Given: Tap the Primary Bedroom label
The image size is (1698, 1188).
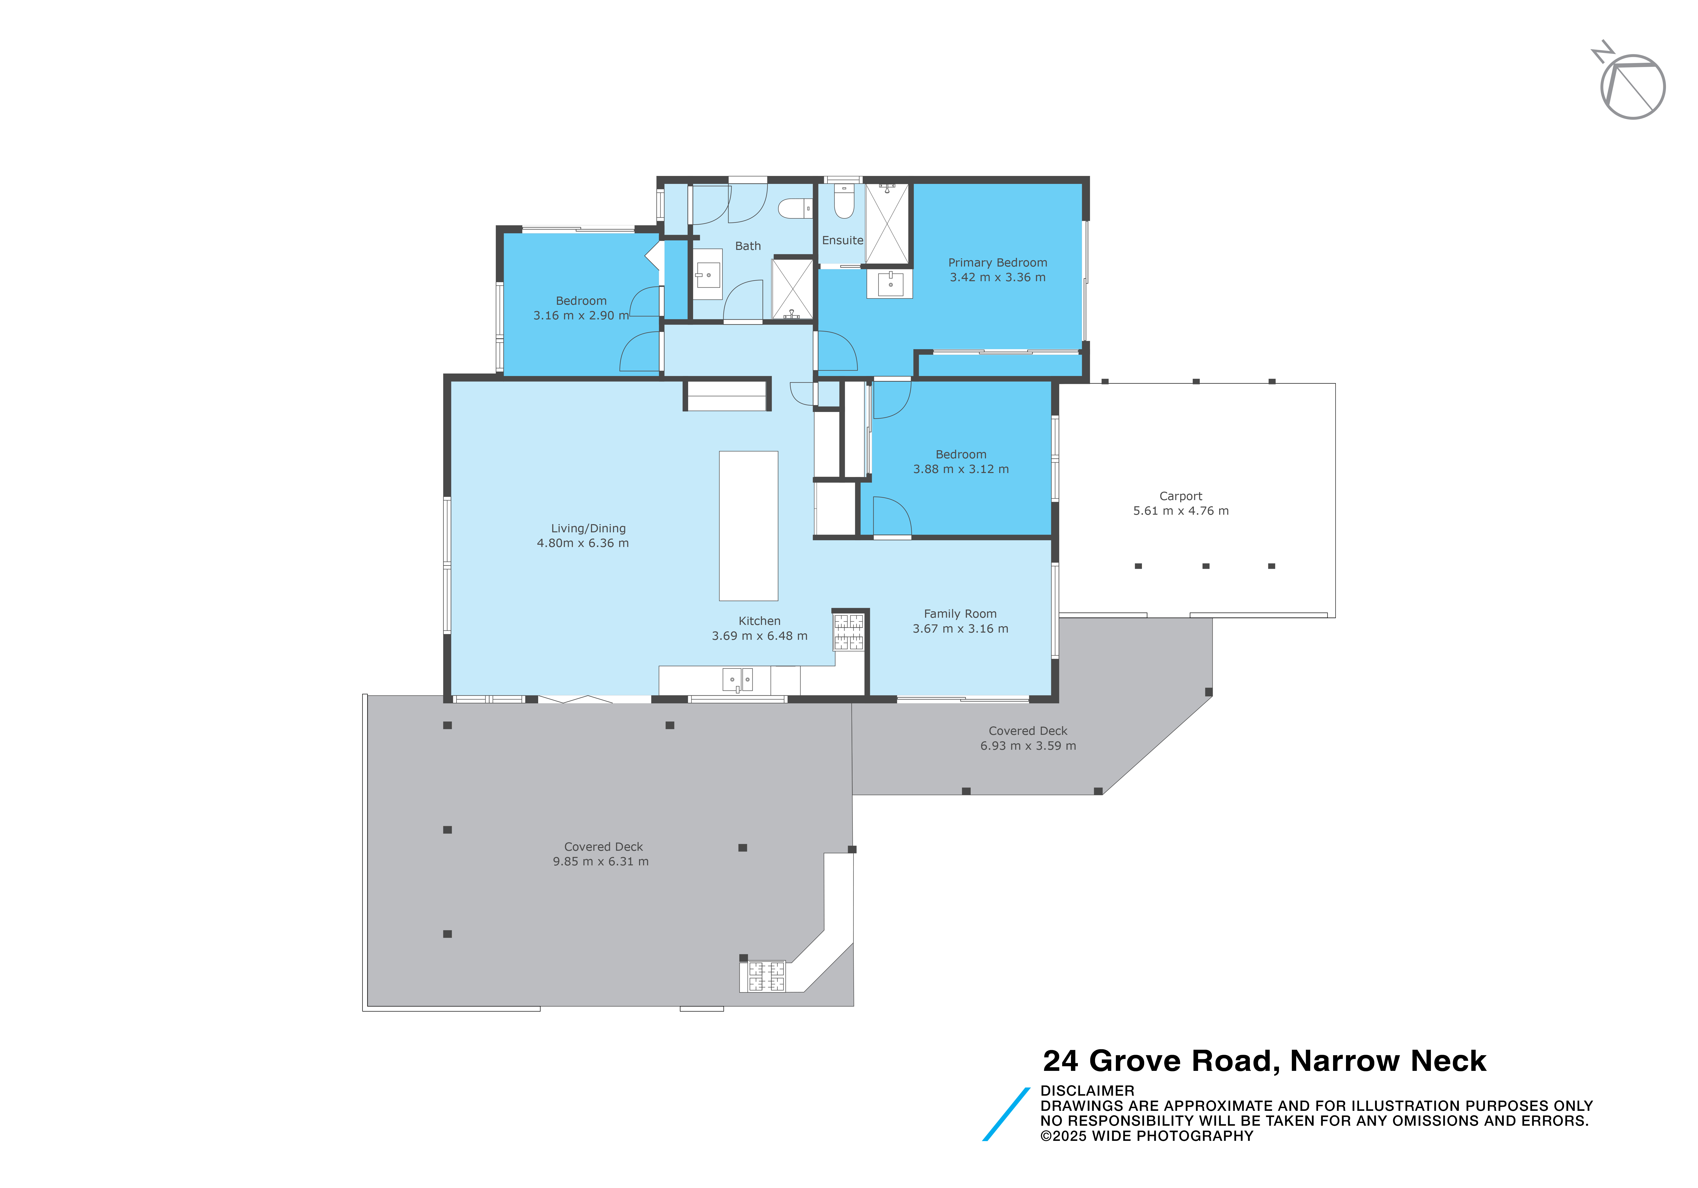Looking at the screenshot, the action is pos(998,262).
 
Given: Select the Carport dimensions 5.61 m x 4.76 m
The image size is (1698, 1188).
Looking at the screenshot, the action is pos(1181,511).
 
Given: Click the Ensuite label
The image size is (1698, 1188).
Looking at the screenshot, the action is pos(842,240).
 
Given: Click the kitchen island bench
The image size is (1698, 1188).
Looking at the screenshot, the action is pos(748,526).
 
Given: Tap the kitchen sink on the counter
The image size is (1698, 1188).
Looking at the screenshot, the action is pos(737,679).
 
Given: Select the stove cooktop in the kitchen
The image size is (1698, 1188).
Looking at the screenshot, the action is pos(849,632).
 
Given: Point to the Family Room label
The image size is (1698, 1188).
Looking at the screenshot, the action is pos(960,613).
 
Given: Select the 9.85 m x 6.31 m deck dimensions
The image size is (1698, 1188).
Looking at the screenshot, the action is pos(601,861).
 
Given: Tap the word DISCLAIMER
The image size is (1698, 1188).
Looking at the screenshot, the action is pos(1087,1090).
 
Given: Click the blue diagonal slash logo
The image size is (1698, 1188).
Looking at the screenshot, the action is pos(1006,1114).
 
